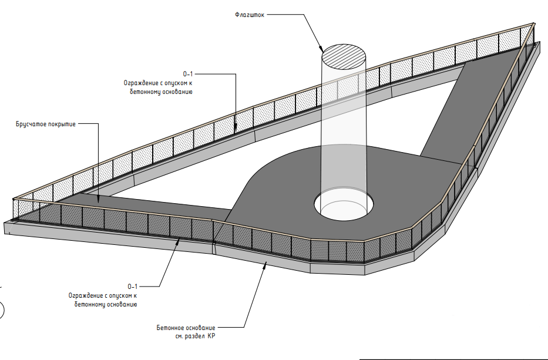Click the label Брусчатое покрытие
[46, 125]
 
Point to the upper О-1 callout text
[188, 74]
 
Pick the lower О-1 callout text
[132, 287]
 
